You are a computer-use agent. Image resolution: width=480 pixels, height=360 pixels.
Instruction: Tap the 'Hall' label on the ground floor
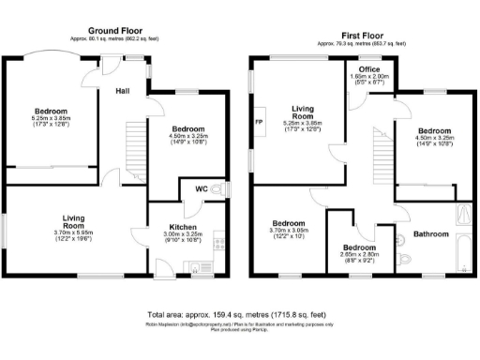[x=123, y=92]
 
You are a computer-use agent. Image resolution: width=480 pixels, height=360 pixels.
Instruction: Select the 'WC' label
[x=202, y=190]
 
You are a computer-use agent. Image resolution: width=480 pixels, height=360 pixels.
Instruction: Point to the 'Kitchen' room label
[x=183, y=227]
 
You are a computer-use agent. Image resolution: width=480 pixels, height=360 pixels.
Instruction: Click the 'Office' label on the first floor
[x=368, y=69]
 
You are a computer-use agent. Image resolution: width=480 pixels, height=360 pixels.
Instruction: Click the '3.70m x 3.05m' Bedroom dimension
[x=289, y=231]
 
